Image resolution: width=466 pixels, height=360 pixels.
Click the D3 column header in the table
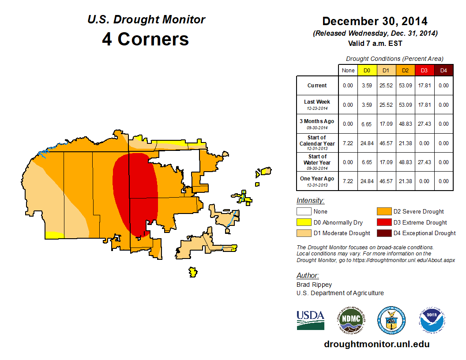tap(424, 70)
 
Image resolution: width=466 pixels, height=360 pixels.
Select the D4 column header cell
tap(443, 70)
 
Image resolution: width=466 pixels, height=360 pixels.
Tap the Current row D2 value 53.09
tap(405, 86)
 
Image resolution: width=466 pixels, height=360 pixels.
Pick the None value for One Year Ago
tap(348, 181)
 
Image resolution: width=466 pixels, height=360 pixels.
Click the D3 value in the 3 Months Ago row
tap(424, 124)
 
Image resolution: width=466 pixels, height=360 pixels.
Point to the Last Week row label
tap(317, 105)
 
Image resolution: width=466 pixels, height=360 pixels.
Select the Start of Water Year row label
tap(317, 162)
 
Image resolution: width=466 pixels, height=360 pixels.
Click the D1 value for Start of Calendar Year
tap(386, 143)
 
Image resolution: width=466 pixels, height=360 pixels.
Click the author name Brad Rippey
tap(314, 285)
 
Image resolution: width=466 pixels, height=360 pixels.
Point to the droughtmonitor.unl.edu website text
tap(376, 344)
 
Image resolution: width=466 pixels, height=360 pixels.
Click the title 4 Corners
tap(145, 39)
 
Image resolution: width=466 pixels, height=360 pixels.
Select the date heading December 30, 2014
tap(375, 21)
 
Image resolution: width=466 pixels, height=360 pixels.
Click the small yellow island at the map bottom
tap(192, 272)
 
